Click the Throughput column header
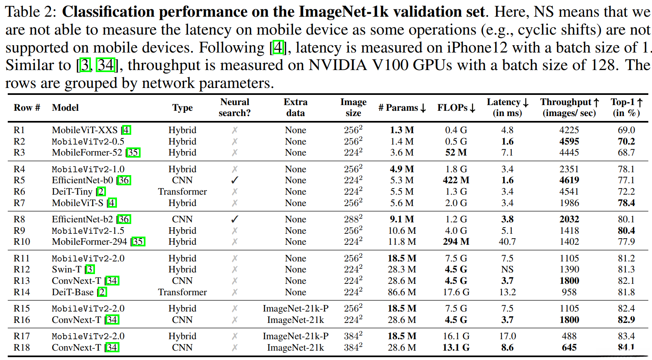pyautogui.click(x=569, y=107)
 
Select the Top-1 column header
pyautogui.click(x=626, y=107)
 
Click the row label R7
pyautogui.click(x=19, y=203)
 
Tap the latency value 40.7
pyautogui.click(x=507, y=241)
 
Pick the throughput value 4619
pyautogui.click(x=569, y=180)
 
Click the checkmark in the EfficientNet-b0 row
pyautogui.click(x=235, y=180)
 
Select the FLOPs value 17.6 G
pyautogui.click(x=456, y=292)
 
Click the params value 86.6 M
pyautogui.click(x=402, y=292)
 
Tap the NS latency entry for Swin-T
pyautogui.click(x=507, y=269)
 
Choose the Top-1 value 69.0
pyautogui.click(x=626, y=130)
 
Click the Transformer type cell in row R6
pyautogui.click(x=182, y=191)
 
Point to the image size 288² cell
pyautogui.click(x=353, y=219)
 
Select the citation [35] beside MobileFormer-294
pyautogui.click(x=138, y=241)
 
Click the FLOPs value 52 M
pyautogui.click(x=456, y=152)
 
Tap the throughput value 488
pyautogui.click(x=569, y=336)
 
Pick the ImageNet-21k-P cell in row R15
pyautogui.click(x=295, y=308)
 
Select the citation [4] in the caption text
pyautogui.click(x=278, y=48)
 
